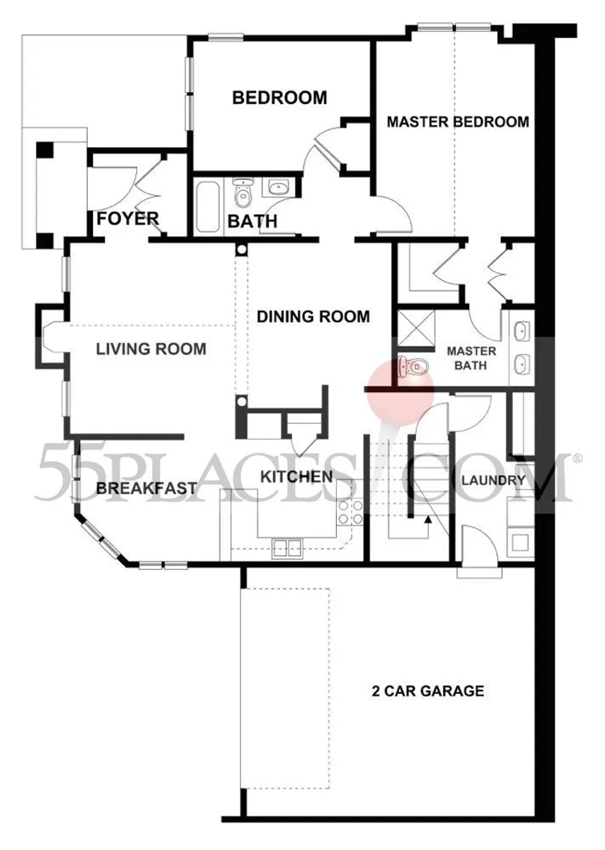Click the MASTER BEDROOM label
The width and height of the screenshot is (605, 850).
(458, 122)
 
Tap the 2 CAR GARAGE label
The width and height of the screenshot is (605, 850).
(428, 690)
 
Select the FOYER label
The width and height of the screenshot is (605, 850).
(128, 219)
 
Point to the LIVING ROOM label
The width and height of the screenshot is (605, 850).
(151, 348)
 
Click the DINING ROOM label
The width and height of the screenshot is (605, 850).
(313, 317)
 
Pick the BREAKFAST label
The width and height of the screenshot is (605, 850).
(146, 488)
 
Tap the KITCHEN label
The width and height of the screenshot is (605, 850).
(296, 476)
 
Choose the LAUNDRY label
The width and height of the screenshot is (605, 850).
(493, 481)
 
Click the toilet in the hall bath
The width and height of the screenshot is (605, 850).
(242, 193)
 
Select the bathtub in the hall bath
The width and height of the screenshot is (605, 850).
(208, 207)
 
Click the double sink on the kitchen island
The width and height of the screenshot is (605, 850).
(287, 547)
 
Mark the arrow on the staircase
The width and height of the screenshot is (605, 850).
(426, 519)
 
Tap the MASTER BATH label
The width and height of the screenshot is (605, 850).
(471, 358)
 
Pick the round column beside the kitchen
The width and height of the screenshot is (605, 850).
(241, 402)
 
